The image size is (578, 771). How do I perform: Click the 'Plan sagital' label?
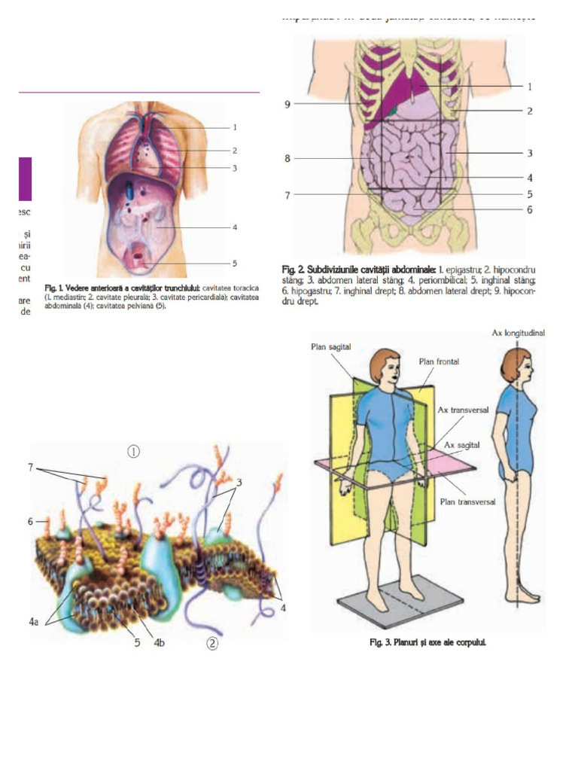(x=331, y=346)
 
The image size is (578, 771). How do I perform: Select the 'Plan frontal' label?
(x=439, y=361)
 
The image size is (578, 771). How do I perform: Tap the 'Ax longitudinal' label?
(x=519, y=332)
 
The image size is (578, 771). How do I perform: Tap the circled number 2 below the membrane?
(x=212, y=644)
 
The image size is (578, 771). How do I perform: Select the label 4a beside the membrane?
(x=32, y=622)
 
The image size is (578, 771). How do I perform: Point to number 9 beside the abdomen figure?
(x=287, y=104)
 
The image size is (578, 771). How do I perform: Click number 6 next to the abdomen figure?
(x=529, y=209)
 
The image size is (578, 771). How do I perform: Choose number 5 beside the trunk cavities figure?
(x=235, y=264)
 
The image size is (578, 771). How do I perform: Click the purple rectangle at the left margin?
(x=25, y=178)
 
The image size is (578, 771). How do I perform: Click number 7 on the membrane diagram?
(x=31, y=468)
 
